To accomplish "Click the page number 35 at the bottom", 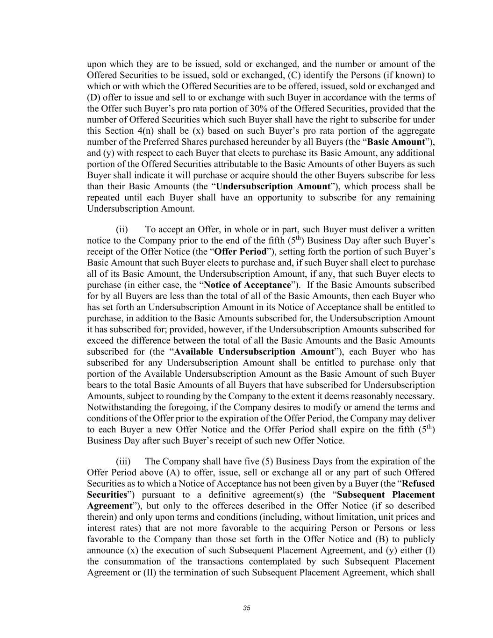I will click(247, 608).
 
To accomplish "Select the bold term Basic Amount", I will click(397, 142).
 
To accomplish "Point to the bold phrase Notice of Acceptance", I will click(248, 285).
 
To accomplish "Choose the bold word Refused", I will click(418, 484).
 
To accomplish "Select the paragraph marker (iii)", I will click(123, 461).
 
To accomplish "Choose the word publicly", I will click(419, 539).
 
